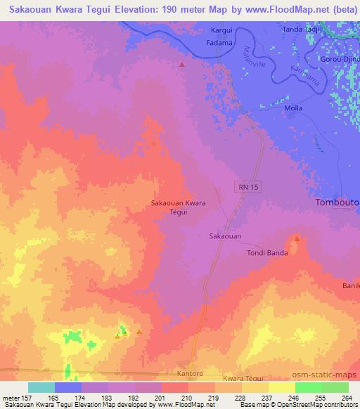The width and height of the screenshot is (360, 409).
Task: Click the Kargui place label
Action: [x=221, y=31]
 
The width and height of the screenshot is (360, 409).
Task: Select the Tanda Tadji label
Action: [x=302, y=30]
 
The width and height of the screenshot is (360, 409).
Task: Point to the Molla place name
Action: [x=293, y=108]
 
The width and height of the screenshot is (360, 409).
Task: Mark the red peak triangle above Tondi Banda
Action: [x=297, y=239]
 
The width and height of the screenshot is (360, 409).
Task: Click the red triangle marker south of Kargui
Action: [x=182, y=65]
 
